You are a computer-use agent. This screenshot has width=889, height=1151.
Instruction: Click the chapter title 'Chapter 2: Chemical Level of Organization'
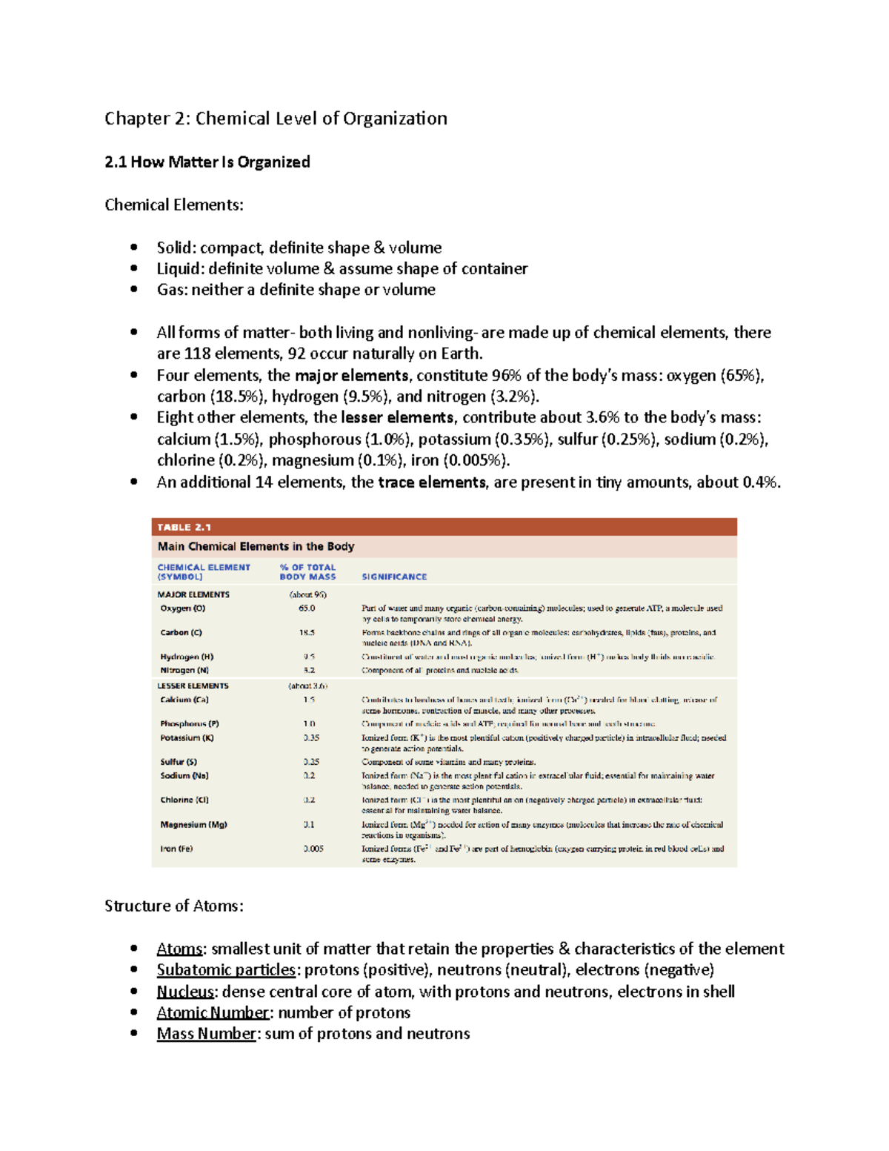coord(276,119)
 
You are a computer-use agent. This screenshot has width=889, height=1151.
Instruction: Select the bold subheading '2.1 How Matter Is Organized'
coord(207,162)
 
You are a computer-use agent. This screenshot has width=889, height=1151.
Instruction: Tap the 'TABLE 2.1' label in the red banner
coord(184,527)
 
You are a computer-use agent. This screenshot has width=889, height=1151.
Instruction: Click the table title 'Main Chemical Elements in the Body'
coord(256,546)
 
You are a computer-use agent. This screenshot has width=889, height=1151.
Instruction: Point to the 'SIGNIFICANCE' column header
coord(394,577)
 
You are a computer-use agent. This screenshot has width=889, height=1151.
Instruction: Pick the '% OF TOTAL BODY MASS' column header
coord(307,571)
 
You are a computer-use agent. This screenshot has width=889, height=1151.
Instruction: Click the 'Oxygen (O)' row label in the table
coord(182,608)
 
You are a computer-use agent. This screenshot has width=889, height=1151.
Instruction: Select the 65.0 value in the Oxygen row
coord(307,608)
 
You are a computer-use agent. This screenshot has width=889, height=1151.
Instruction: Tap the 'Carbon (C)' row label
coord(181,633)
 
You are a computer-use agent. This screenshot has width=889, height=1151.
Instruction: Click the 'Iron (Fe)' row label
coord(176,849)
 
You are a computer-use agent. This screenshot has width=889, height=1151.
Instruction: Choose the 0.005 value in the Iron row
coord(313,849)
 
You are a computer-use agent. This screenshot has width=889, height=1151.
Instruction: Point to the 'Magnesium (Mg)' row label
coord(193,824)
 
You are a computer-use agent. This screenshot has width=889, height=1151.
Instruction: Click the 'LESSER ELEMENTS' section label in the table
coord(193,686)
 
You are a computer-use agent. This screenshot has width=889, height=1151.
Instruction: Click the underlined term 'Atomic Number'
coord(213,1012)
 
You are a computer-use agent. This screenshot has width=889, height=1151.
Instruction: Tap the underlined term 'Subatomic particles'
coord(226,969)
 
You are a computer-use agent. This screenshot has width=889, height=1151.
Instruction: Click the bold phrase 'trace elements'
coord(432,482)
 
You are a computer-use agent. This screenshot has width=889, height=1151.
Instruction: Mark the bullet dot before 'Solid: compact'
coord(134,248)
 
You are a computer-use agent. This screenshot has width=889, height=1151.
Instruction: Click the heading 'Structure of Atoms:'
coord(174,906)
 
